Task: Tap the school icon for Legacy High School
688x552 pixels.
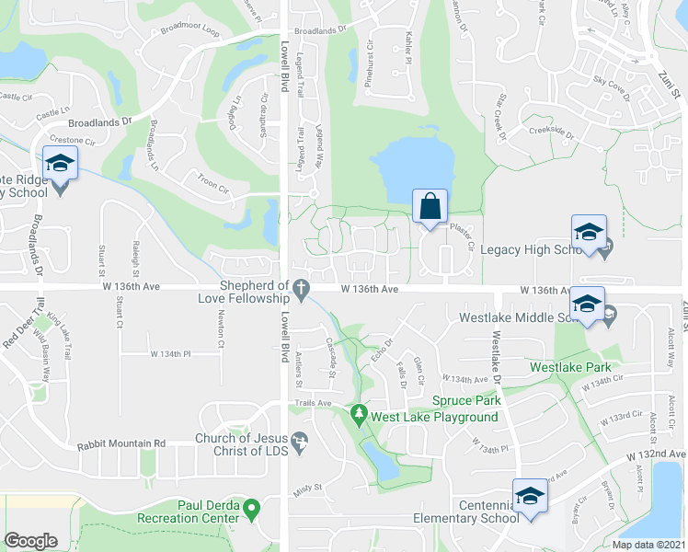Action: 589,231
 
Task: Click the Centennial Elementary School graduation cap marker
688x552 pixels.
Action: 531,498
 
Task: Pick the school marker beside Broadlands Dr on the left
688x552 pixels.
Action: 61,164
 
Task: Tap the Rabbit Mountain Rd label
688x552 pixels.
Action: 120,443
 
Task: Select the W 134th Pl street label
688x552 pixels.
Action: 169,353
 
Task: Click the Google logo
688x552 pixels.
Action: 31,541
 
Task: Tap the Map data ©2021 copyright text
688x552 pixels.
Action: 648,545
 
